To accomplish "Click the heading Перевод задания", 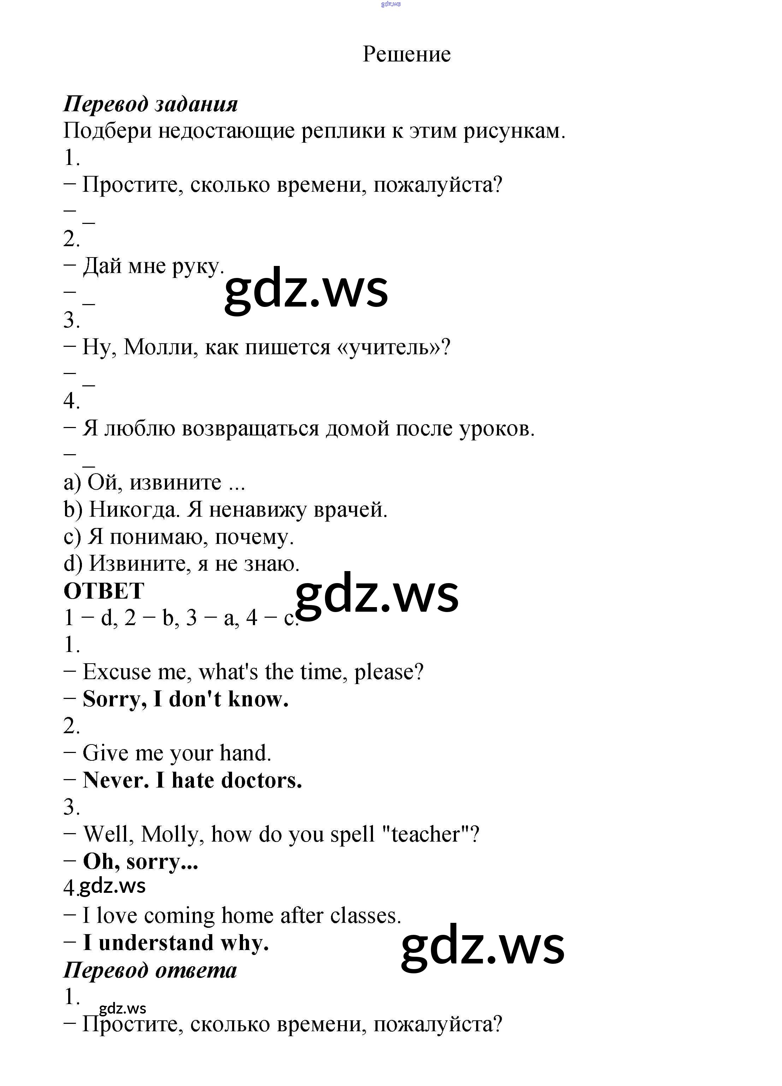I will tap(150, 104).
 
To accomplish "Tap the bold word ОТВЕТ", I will tap(103, 591).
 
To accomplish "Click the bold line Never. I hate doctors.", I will tap(192, 781).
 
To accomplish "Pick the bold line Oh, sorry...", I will tap(140, 862).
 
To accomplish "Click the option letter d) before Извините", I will tap(73, 564).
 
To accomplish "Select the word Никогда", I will tap(135, 510).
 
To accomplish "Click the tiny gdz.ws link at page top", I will tap(391, 4).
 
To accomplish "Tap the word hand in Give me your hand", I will tap(245, 753).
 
